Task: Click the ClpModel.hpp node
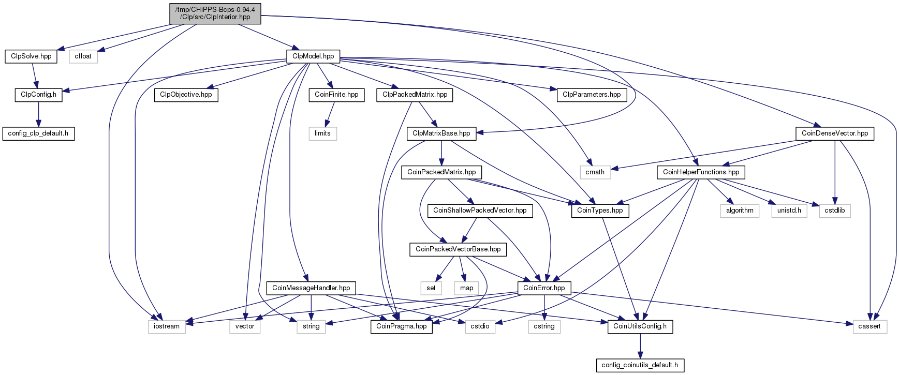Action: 313,56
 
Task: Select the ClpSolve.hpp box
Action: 31,56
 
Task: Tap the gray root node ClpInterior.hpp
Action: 215,13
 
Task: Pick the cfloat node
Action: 83,56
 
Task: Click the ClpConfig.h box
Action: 38,95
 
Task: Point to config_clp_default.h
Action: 38,133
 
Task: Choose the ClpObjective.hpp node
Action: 186,95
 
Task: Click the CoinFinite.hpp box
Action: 336,95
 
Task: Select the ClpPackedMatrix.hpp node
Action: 415,95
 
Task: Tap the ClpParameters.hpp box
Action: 592,95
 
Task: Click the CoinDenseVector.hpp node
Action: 835,133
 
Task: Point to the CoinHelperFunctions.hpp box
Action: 701,172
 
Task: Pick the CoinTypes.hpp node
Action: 600,211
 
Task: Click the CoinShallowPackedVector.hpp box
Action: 480,211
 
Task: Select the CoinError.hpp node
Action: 544,288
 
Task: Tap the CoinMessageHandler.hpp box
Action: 311,288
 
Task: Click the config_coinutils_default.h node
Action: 640,365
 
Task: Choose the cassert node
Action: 869,326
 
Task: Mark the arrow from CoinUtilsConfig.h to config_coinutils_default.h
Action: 640,346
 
